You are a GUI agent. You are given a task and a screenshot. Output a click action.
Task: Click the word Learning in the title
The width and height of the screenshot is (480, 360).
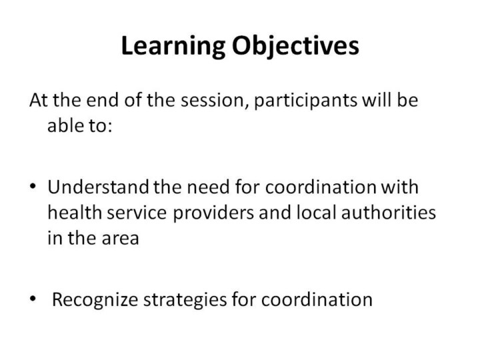(173, 46)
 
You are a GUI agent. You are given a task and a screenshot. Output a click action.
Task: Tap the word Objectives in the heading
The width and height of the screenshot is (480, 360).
(295, 46)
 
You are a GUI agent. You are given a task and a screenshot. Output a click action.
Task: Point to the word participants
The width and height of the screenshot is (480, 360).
(305, 101)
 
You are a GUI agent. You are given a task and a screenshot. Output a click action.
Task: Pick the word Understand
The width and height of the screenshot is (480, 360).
(98, 187)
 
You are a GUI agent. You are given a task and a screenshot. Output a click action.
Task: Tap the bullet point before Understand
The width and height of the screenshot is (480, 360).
(33, 186)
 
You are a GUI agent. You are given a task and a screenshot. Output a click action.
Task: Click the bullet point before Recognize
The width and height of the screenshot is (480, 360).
(33, 299)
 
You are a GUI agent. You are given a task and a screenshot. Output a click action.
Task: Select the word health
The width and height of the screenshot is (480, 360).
(75, 212)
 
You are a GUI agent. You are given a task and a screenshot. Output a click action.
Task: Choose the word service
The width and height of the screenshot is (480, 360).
(137, 213)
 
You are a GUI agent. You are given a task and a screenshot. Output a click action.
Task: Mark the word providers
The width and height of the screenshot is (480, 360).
(213, 213)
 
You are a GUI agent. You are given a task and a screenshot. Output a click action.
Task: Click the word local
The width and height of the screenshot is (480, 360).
(316, 212)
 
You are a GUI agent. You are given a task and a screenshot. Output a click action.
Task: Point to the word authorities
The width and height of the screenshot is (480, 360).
(389, 212)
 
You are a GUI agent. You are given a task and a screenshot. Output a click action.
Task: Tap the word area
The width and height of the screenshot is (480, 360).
(120, 239)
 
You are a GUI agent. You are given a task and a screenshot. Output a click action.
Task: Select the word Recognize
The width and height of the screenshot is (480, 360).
(95, 300)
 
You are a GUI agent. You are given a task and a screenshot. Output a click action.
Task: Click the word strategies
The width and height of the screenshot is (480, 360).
(185, 300)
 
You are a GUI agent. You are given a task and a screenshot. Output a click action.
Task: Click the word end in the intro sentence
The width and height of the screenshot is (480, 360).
(102, 100)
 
